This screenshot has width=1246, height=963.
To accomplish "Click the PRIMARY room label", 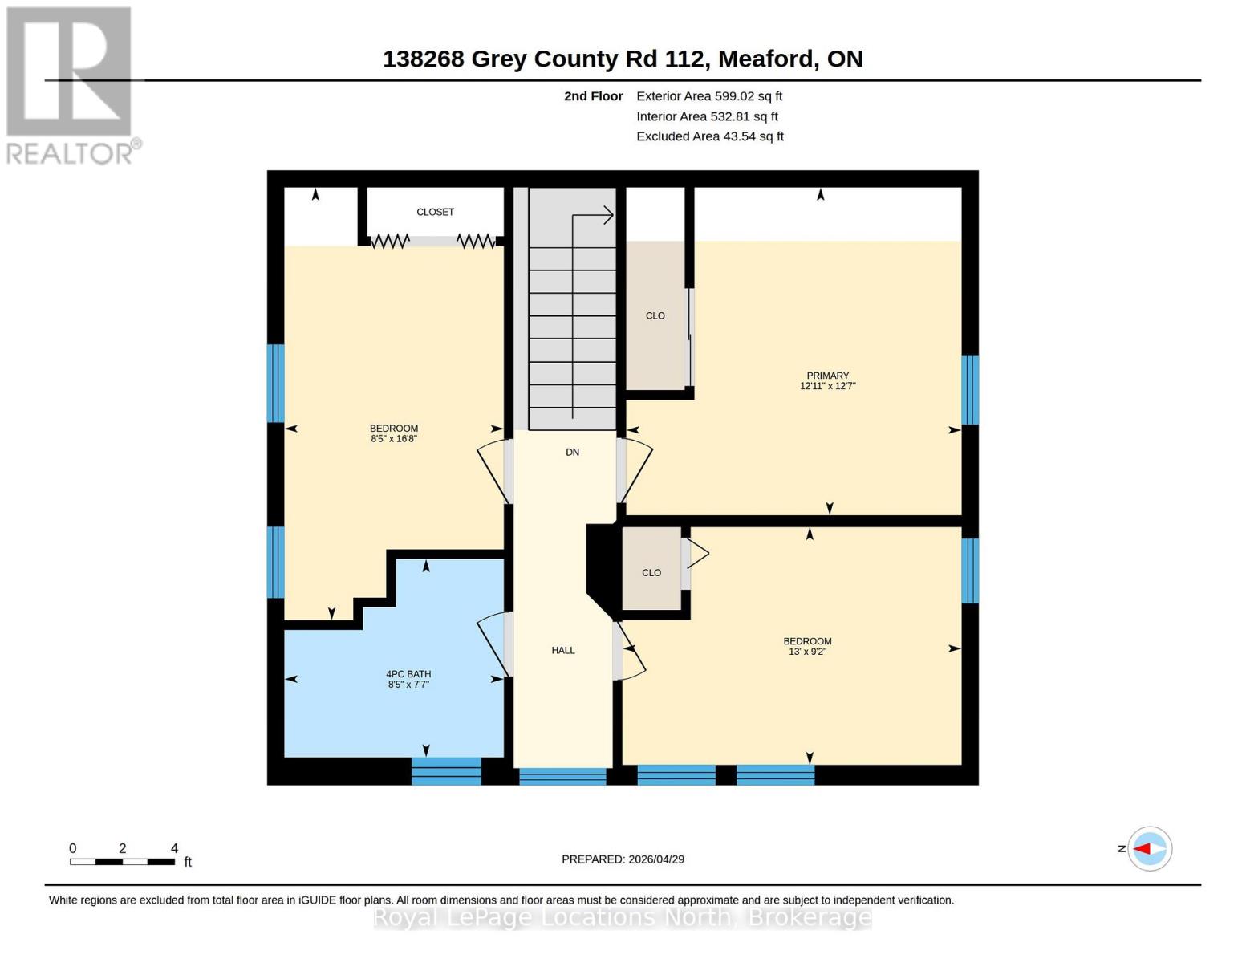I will (x=827, y=376).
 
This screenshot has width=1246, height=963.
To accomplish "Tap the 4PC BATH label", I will (x=408, y=674).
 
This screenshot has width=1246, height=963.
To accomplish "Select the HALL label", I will (x=563, y=650).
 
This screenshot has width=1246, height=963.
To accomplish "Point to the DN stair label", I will (x=572, y=453).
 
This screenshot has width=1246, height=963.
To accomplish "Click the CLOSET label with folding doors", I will (x=435, y=212).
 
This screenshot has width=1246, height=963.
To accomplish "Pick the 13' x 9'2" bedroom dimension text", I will (x=807, y=652).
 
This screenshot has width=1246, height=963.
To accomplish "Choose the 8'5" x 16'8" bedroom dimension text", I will (x=394, y=439).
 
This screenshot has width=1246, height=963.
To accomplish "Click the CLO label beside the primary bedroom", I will (x=655, y=316).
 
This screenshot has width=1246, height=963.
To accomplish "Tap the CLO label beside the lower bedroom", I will (x=651, y=573).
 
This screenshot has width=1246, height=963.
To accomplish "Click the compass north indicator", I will (x=1149, y=848).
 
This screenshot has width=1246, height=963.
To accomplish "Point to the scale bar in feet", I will (x=123, y=861).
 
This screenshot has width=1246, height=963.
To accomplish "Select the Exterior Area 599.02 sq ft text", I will (x=709, y=96).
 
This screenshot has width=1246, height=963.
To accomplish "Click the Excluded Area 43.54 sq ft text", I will (x=710, y=136).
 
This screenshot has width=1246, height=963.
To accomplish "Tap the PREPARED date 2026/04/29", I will (x=623, y=859).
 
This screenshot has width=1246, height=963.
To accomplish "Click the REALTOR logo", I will (x=71, y=84).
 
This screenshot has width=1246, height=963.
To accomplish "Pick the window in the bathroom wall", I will (x=446, y=771).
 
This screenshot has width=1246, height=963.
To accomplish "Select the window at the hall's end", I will (x=562, y=776).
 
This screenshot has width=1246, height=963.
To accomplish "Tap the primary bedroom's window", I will (x=970, y=389).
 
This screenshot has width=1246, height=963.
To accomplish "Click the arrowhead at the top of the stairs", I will (x=608, y=215).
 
